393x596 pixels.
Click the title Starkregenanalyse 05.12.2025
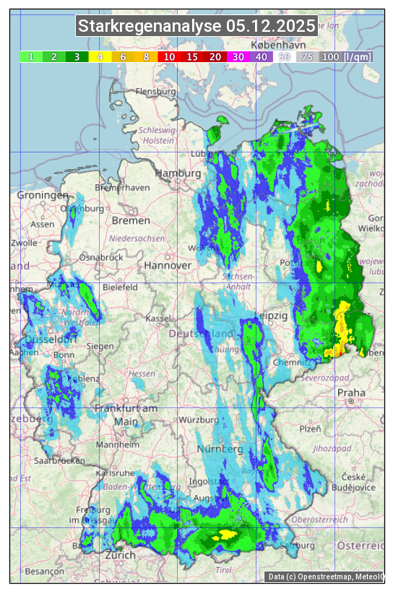click(196, 27)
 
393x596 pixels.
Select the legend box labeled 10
click(169, 56)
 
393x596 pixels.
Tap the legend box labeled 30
click(238, 56)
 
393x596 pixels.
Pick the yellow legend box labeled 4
click(100, 56)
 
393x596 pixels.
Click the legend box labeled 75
click(307, 56)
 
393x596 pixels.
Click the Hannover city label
click(168, 265)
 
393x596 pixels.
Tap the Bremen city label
click(131, 220)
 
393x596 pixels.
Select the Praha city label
click(351, 392)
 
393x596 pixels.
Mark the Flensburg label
click(155, 92)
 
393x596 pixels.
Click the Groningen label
click(43, 196)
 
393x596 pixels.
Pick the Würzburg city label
click(198, 420)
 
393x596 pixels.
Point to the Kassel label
click(158, 319)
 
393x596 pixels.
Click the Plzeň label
click(310, 428)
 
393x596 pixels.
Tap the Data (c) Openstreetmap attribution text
click(326, 576)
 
